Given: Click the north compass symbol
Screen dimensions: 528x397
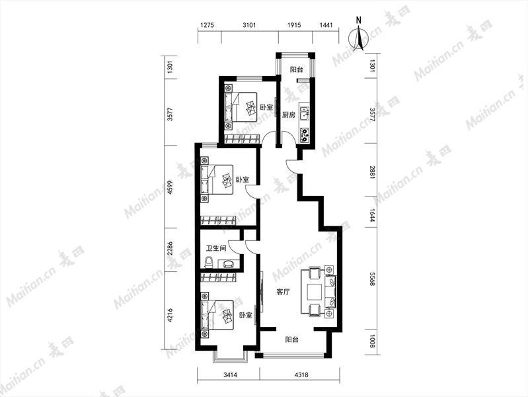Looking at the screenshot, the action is (359, 38).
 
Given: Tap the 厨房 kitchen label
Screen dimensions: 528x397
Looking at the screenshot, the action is (289, 114).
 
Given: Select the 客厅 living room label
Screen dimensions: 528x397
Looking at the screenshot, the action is (283, 292).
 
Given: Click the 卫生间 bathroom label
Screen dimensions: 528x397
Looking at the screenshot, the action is (216, 249).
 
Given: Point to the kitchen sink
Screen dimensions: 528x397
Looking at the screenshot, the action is (305, 113).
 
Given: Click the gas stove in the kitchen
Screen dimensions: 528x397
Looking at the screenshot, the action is (305, 134).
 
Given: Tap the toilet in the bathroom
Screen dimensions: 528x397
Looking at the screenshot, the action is (209, 263).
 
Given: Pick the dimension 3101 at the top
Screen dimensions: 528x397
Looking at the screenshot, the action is (250, 25).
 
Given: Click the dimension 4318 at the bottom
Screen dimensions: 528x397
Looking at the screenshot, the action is (301, 375).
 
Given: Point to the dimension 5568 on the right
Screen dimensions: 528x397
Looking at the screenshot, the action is (372, 279).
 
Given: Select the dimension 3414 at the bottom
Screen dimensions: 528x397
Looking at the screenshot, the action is (231, 375).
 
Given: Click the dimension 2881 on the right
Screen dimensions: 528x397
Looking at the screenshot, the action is (372, 172).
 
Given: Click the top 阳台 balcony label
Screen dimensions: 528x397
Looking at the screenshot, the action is (297, 70).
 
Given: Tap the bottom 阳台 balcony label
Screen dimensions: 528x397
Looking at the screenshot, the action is (291, 339).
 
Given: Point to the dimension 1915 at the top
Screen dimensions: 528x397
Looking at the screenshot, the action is (294, 25).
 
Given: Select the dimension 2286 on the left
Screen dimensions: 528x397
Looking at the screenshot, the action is (170, 248).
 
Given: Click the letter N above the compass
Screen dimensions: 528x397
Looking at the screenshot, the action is (359, 20).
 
